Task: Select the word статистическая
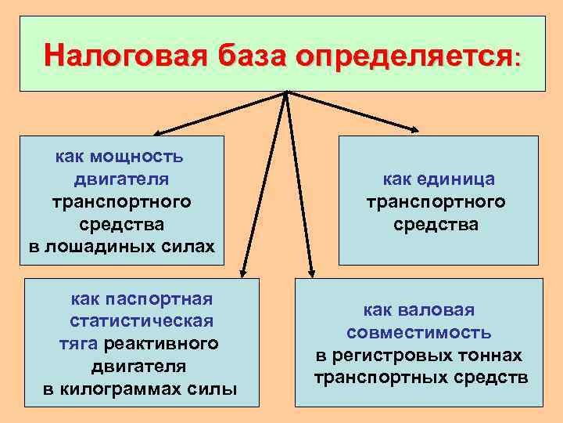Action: [x=142, y=321]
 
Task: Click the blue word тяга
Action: [x=79, y=344]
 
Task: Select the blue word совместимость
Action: [x=419, y=333]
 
